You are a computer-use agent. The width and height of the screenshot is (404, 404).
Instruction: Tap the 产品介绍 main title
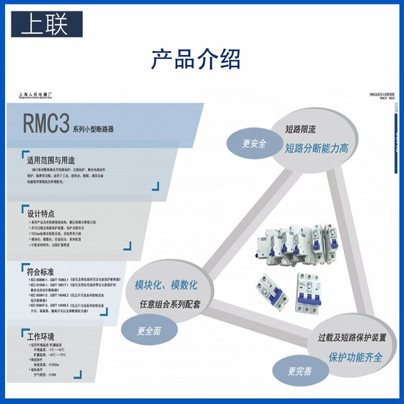click(x=196, y=59)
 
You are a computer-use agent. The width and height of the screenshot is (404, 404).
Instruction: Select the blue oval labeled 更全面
click(x=148, y=331)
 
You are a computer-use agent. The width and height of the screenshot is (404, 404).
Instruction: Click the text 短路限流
click(x=300, y=129)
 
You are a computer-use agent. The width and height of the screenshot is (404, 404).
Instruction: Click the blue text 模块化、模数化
click(x=166, y=285)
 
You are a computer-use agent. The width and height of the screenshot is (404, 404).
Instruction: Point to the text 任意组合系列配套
click(x=170, y=304)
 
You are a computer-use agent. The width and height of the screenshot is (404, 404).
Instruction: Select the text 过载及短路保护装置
click(x=352, y=337)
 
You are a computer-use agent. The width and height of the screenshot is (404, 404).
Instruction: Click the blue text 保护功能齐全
click(x=356, y=357)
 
